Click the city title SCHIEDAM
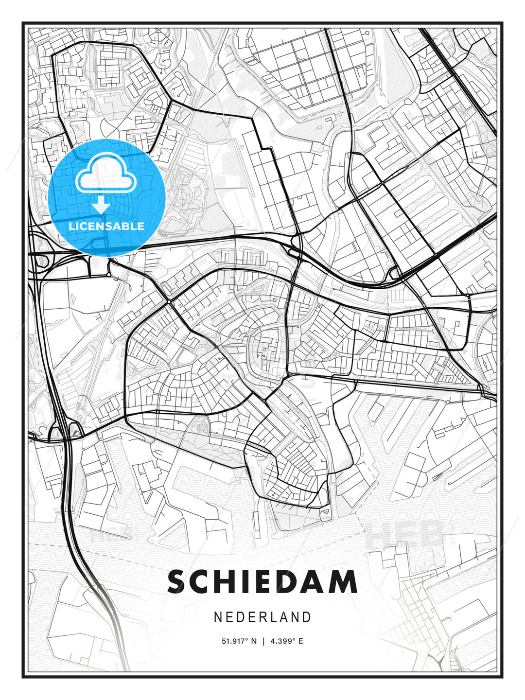pos(262,582)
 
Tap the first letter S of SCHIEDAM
pos(178,582)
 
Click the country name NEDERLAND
pos(262,617)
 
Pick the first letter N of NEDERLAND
pos(218,617)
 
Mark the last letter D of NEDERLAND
pos(307,617)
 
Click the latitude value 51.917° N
pos(239,641)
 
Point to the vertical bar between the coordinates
pos(263,641)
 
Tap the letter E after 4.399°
pos(300,641)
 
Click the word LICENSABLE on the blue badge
pos(106,226)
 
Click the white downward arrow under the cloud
pos(101,206)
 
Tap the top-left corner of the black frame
pos(23,23)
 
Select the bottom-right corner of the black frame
pos(502,677)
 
